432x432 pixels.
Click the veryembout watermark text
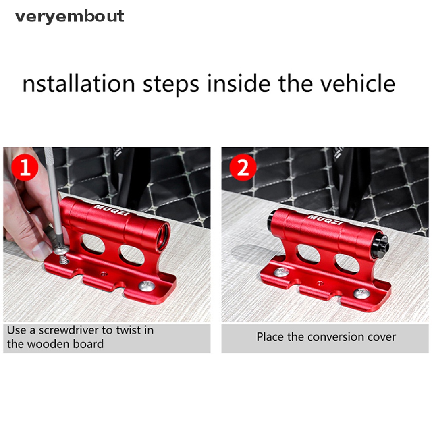[x=70, y=16]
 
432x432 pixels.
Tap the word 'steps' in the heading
[x=171, y=85]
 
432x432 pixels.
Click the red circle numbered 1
[x=25, y=167]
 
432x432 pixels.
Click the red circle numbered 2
[x=243, y=167]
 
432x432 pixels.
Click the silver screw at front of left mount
[x=146, y=286]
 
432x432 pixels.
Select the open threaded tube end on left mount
[x=162, y=236]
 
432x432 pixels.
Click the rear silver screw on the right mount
[x=281, y=273]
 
